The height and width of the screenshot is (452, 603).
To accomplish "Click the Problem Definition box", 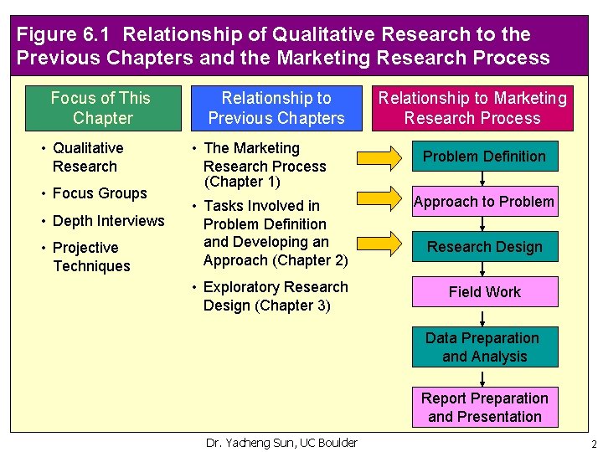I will click(x=484, y=157).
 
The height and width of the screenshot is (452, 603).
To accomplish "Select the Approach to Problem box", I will click(x=484, y=202).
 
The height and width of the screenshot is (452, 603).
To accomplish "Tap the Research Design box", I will click(x=484, y=247).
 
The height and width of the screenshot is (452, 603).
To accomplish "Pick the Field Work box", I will click(x=484, y=292).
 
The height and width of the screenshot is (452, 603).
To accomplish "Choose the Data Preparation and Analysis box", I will click(x=484, y=347).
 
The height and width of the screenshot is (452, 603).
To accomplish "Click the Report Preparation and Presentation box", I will click(x=484, y=408).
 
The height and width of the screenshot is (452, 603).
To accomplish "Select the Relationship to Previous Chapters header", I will click(x=276, y=108).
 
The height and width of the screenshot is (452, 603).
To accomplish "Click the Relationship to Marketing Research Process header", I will click(x=472, y=108).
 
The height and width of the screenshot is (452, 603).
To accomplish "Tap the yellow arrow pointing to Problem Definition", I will click(x=375, y=157).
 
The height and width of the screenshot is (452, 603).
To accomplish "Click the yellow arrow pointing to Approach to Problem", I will click(x=375, y=199).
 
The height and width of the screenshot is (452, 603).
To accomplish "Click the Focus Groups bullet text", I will click(x=100, y=193).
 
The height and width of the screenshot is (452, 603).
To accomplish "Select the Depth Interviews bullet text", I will click(x=108, y=221).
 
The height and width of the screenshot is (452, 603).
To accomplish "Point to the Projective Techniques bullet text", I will click(x=90, y=257).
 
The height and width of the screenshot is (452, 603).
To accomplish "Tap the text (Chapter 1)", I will click(x=242, y=182).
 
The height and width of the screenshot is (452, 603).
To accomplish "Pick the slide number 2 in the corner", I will click(x=593, y=444).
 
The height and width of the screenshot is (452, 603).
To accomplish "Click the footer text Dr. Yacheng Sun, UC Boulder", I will click(x=281, y=443).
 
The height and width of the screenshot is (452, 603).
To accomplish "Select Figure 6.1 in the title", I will click(x=65, y=35).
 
